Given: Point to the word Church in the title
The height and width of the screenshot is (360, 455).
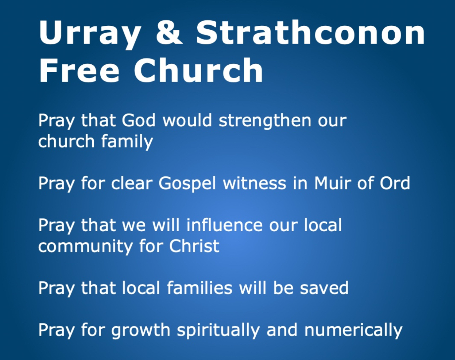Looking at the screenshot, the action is (x=199, y=70).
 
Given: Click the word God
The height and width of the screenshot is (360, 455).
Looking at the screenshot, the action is (x=138, y=120).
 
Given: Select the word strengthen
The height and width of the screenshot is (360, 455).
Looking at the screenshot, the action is (x=265, y=122).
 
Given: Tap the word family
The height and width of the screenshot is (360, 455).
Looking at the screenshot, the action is (x=127, y=142).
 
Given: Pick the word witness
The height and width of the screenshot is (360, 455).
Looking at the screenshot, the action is (x=255, y=183).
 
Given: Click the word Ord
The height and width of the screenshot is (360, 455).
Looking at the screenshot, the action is (x=395, y=183).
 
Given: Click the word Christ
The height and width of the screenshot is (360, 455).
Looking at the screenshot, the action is (x=194, y=245).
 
